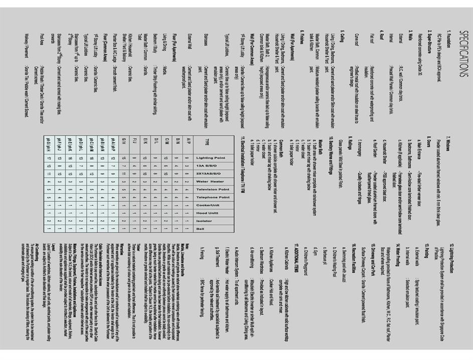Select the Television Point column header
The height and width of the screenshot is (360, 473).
click(x=207, y=190)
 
